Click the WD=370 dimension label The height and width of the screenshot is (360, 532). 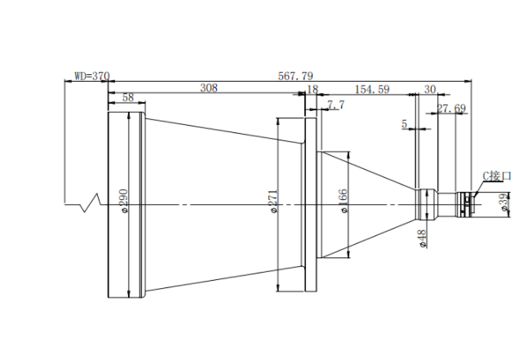click(92, 76)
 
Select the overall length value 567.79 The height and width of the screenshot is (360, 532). click(295, 76)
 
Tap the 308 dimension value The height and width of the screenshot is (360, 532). click(208, 88)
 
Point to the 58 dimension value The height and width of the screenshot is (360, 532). click(128, 97)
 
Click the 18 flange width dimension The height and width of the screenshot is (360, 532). click(313, 89)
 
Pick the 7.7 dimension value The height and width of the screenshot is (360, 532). click(336, 104)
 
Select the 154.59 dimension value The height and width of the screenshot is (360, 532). click(372, 89)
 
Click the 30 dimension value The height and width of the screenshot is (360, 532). click(430, 89)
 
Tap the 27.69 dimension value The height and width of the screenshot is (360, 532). click(451, 109)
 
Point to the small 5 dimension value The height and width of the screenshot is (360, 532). click(404, 124)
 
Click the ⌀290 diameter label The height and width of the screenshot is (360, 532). click(123, 201)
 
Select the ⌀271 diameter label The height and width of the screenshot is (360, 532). click(273, 201)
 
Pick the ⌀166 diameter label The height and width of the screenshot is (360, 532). click(344, 201)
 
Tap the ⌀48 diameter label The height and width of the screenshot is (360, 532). click(423, 239)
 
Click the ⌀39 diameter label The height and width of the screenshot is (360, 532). click(505, 202)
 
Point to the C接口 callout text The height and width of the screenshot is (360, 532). click(497, 176)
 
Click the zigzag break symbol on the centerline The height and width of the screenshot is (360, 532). click(91, 203)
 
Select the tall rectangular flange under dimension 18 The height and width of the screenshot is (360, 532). click(311, 205)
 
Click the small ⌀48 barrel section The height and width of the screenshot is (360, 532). click(427, 205)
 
